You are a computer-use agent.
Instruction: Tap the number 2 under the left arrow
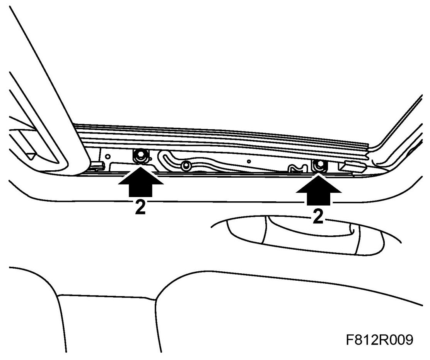(140, 208)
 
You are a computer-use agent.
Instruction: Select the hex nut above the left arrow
(139, 156)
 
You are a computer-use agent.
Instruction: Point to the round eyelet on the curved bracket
(186, 166)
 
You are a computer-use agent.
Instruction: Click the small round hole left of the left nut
(108, 156)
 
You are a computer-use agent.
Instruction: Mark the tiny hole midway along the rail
(249, 161)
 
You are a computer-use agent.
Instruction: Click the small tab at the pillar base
(96, 166)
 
